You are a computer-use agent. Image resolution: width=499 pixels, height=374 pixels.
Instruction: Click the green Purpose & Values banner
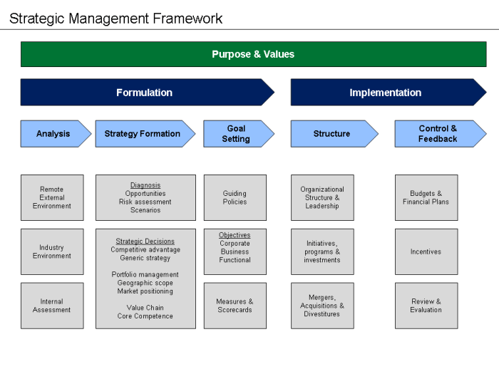click(x=253, y=54)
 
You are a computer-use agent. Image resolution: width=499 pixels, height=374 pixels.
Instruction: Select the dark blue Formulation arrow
click(x=145, y=93)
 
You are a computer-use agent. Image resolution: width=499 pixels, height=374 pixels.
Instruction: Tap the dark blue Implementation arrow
click(x=385, y=93)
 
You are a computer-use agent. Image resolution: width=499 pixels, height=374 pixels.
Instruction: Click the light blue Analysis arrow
click(x=53, y=134)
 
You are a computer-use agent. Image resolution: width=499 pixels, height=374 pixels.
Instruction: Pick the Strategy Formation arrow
click(x=143, y=134)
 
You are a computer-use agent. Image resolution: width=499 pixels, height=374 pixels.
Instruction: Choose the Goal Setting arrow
click(x=236, y=134)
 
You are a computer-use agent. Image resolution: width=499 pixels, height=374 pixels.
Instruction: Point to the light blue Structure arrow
click(x=331, y=134)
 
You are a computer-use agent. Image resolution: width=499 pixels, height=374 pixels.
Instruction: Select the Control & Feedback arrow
click(x=438, y=134)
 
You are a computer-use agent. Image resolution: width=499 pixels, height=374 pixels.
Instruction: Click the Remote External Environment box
click(x=52, y=198)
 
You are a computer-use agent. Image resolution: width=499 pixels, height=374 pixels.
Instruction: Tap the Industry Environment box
click(x=52, y=251)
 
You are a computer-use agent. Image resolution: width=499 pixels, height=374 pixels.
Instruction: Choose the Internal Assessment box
click(x=52, y=306)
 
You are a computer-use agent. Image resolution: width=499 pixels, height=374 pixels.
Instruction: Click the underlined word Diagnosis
click(x=145, y=185)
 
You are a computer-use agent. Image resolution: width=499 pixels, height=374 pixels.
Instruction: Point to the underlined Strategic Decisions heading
click(x=145, y=241)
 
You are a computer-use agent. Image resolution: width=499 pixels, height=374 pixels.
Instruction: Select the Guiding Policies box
click(x=235, y=197)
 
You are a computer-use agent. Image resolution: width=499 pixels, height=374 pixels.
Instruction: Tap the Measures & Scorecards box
click(x=235, y=306)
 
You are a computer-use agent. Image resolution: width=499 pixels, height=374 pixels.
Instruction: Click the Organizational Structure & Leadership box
click(x=322, y=198)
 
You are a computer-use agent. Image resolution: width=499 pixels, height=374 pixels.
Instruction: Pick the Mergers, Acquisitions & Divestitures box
click(x=322, y=306)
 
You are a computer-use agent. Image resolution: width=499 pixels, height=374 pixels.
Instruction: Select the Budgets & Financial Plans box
click(x=426, y=197)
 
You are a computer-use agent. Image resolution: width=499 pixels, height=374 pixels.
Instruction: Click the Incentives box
click(x=426, y=251)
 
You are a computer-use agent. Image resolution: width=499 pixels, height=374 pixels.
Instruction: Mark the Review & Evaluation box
click(x=426, y=306)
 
